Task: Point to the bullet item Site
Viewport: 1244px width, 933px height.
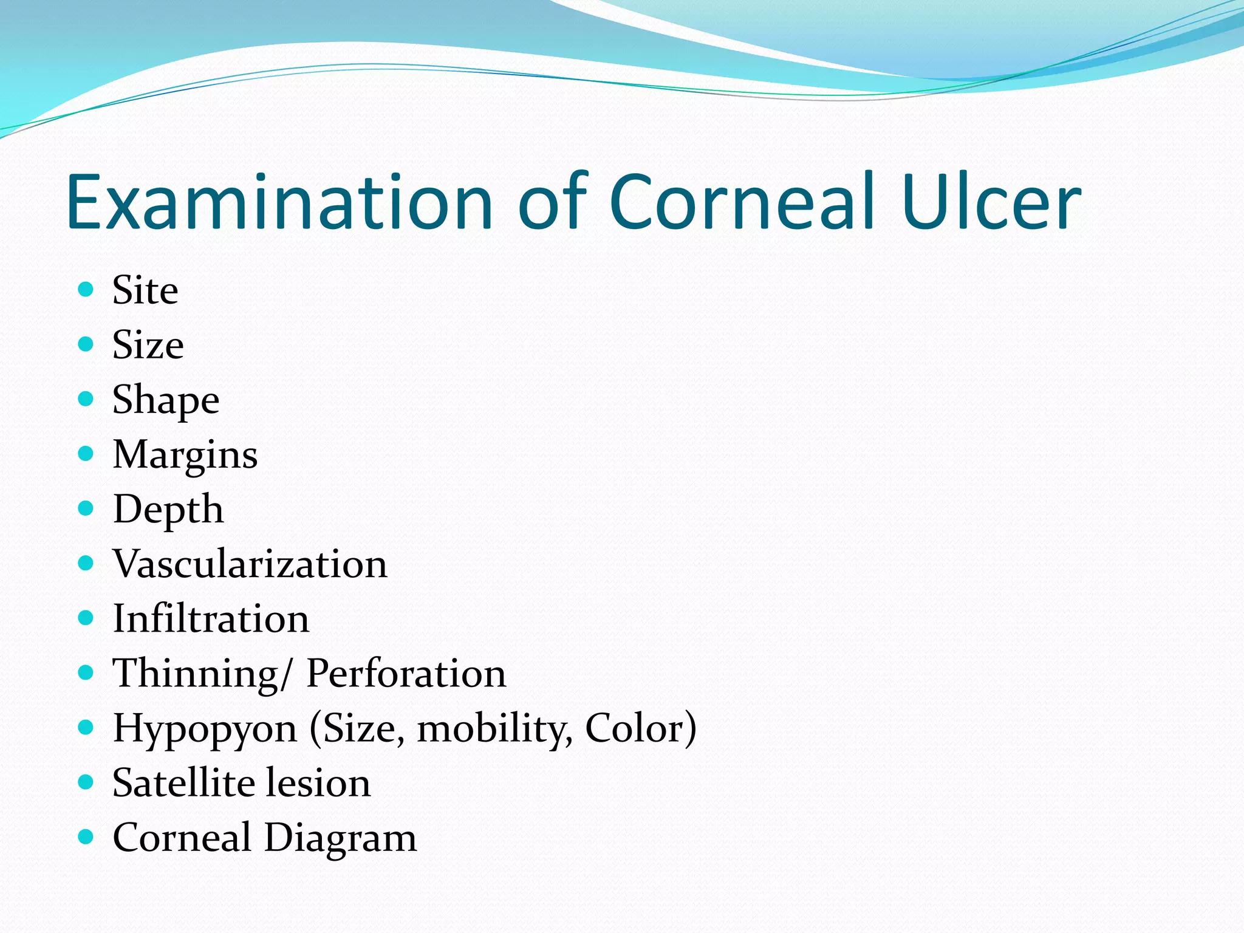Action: point(145,290)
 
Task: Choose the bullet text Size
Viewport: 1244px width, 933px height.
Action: point(148,345)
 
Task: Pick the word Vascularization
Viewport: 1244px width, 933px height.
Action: point(250,564)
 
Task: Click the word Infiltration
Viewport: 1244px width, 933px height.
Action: point(211,619)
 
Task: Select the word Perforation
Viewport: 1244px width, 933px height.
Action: point(406,674)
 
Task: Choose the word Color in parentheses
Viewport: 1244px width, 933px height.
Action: point(635,728)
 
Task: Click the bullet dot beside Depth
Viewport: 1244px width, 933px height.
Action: point(86,508)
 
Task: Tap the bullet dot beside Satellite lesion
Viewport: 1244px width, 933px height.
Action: point(86,782)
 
